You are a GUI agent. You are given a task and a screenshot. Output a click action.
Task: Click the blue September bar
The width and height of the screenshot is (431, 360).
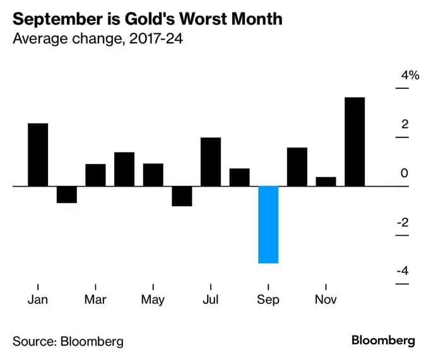(268, 224)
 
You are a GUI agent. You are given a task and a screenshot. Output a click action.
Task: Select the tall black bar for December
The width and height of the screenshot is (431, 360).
(355, 142)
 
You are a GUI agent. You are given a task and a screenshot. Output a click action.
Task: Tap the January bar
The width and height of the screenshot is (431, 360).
(38, 154)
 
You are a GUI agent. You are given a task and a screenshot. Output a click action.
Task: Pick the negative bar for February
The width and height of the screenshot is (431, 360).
(66, 194)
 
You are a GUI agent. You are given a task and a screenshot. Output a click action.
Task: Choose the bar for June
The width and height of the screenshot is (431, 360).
(182, 196)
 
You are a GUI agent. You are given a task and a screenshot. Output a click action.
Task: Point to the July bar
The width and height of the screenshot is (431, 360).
(211, 161)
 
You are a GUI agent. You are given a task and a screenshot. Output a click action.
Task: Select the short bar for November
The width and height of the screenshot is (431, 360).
(326, 182)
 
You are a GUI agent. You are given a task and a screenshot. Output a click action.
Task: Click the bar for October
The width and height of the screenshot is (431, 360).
(297, 166)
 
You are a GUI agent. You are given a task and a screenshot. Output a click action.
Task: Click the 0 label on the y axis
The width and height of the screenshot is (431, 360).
(405, 173)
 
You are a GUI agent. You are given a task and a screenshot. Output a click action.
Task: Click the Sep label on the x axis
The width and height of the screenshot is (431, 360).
(268, 299)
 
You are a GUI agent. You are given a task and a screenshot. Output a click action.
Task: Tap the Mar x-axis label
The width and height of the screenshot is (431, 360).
(95, 299)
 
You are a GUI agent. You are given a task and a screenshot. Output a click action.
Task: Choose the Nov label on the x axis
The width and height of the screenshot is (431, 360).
(326, 299)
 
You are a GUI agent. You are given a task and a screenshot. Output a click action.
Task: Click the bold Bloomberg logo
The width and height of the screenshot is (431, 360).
(383, 340)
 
